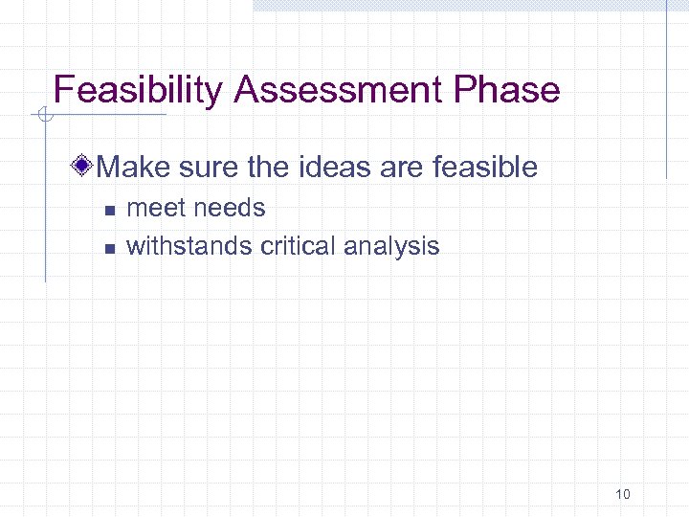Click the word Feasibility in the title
[139, 91]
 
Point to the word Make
[132, 168]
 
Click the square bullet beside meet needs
[109, 210]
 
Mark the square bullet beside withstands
[109, 248]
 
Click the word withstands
[189, 246]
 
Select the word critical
[297, 246]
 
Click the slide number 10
[623, 494]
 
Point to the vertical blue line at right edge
[667, 91]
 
